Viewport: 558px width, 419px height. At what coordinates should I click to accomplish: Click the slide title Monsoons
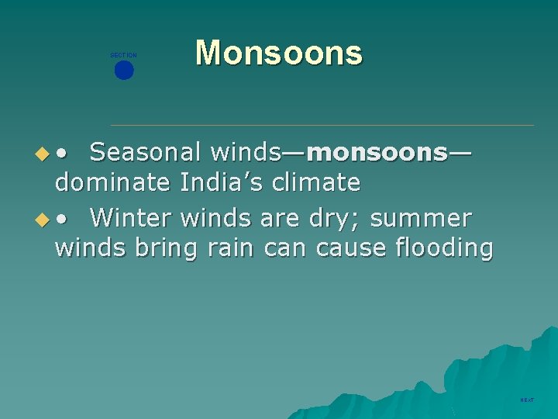click(x=278, y=54)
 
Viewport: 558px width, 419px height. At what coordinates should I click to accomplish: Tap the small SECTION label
click(x=123, y=55)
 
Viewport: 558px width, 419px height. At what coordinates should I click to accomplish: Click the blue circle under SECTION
click(x=124, y=71)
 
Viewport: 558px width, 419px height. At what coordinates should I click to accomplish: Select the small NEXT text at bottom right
click(x=527, y=400)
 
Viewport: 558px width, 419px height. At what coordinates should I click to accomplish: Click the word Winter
click(x=131, y=219)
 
